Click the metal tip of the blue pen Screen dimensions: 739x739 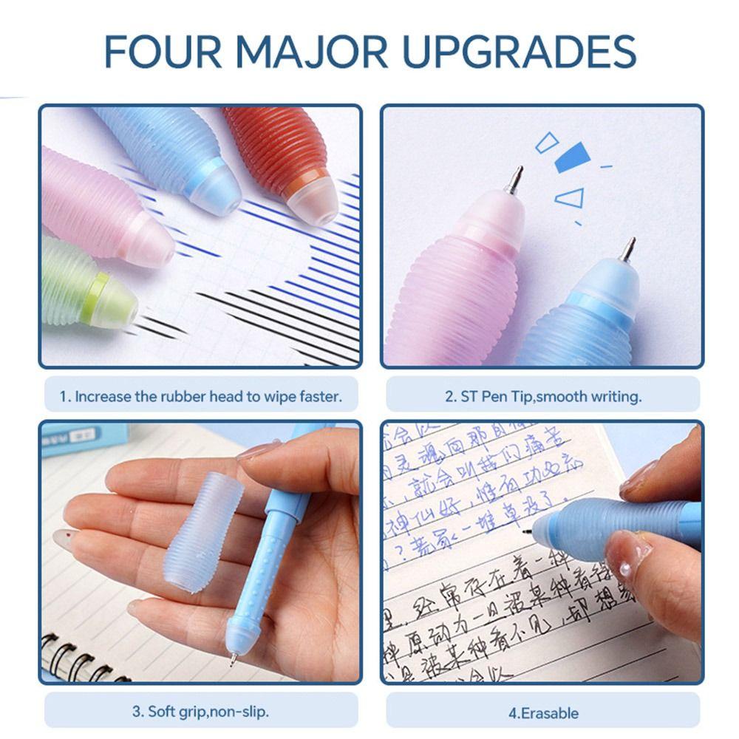(627, 250)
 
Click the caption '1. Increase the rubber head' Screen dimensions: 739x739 (200, 397)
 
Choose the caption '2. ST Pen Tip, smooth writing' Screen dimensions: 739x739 (543, 397)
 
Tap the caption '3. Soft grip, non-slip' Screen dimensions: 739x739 (200, 712)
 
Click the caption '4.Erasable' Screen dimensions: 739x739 (543, 713)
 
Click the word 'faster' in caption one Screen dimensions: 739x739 (321, 397)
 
